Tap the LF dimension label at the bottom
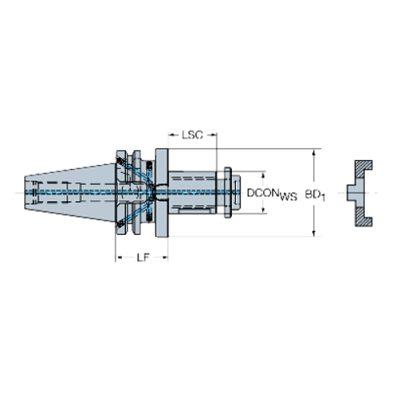(141, 257)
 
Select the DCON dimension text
(265, 193)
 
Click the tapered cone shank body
(72, 192)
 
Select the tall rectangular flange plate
(161, 192)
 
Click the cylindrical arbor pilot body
(196, 192)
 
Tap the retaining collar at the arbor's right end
(233, 192)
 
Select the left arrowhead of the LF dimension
(119, 257)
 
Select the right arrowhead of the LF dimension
(164, 257)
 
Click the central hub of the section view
(355, 193)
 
